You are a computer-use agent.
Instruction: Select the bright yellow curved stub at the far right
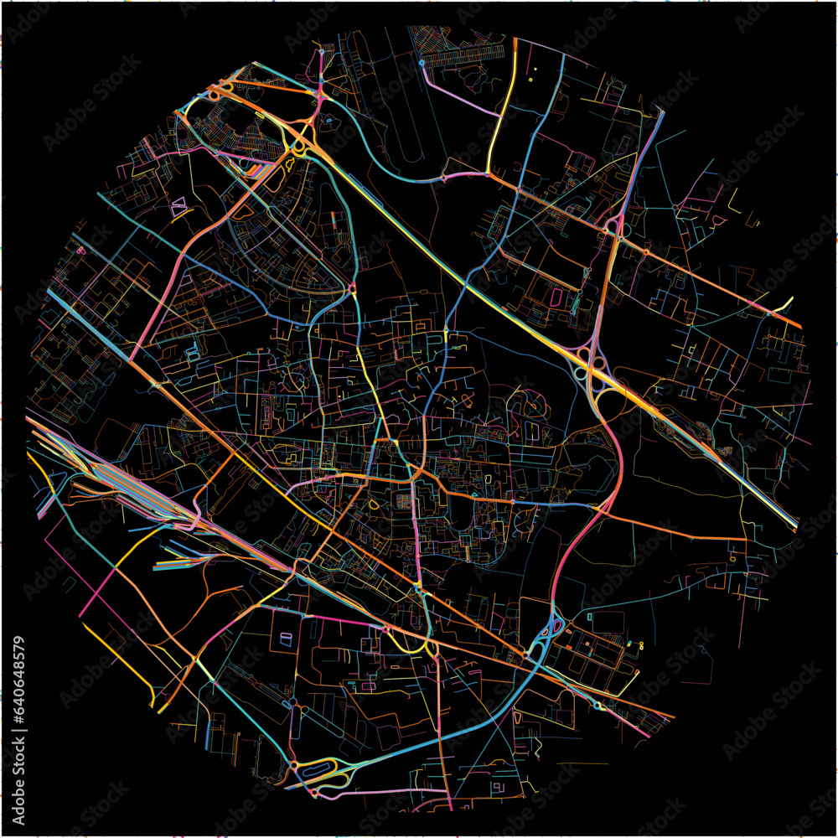(785, 304)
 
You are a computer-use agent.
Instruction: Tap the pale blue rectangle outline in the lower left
(286, 640)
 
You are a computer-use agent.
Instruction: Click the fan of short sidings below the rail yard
(180, 557)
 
